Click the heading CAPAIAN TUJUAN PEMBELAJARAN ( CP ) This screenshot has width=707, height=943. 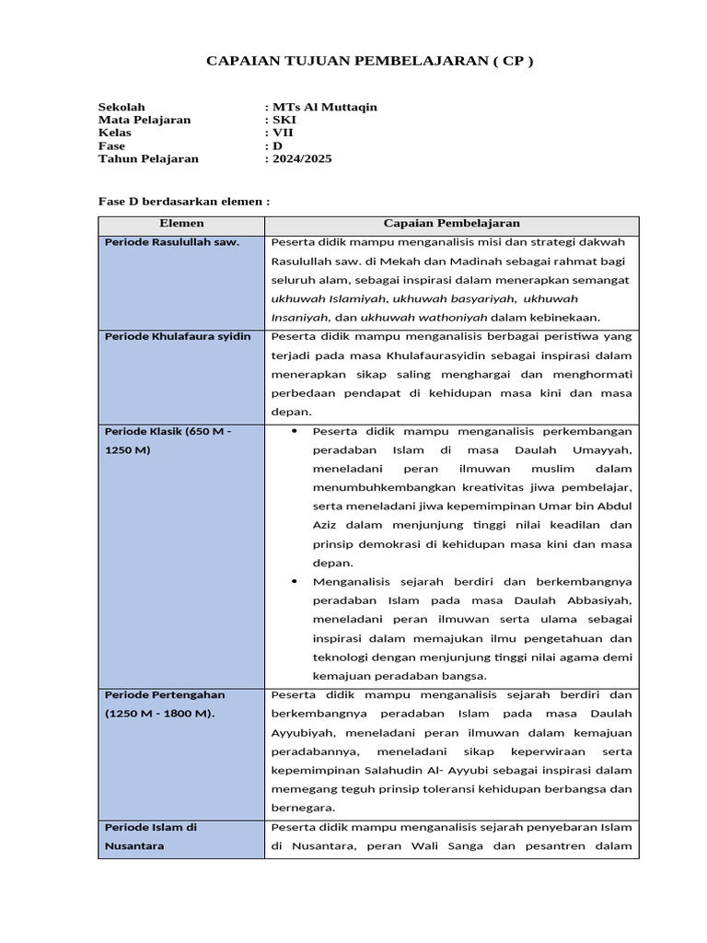368,61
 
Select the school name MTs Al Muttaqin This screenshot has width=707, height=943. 323,107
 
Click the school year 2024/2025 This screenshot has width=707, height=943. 300,158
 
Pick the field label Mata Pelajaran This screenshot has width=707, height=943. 145,120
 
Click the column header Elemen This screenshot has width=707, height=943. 181,224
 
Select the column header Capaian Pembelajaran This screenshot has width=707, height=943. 451,224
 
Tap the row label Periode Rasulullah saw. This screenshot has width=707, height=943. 172,242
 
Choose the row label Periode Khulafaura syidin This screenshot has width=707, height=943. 178,337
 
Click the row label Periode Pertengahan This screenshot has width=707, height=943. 165,694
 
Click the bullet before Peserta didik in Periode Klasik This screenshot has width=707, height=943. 294,431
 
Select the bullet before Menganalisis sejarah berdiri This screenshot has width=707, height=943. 294,582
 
